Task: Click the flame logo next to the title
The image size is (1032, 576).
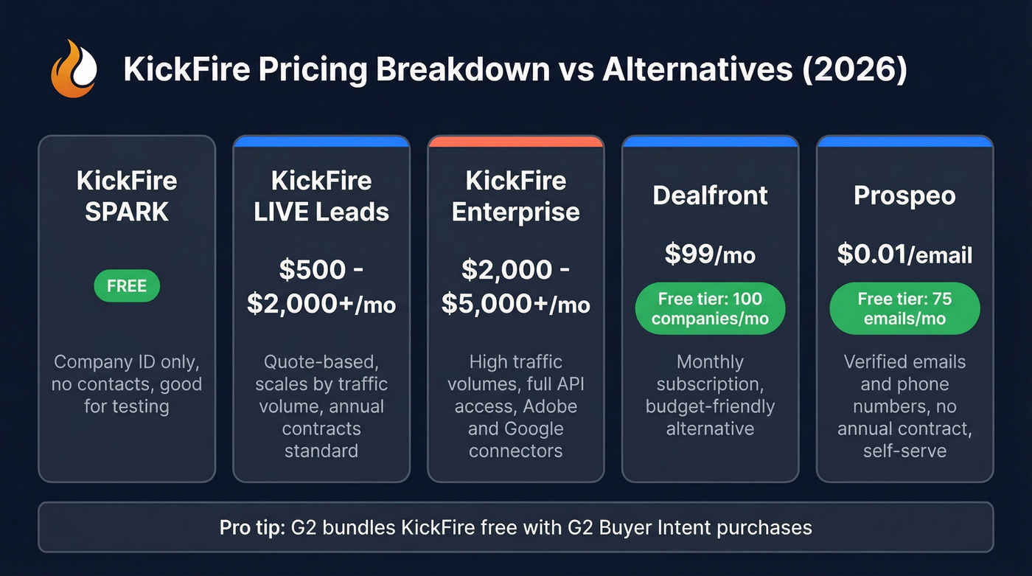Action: click(74, 69)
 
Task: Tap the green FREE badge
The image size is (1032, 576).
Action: click(127, 286)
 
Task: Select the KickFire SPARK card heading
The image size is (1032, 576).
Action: click(127, 196)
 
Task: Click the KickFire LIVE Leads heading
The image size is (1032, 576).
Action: click(321, 196)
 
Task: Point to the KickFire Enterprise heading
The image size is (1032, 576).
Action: click(516, 196)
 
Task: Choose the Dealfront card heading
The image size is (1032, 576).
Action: click(711, 195)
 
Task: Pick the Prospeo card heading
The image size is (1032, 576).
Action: click(904, 195)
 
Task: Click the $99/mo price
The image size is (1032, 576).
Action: click(711, 254)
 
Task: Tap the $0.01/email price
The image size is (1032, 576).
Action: click(904, 254)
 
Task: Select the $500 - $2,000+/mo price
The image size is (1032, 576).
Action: click(321, 287)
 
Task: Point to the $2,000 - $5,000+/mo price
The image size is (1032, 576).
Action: click(516, 287)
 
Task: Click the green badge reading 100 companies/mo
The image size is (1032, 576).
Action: click(711, 309)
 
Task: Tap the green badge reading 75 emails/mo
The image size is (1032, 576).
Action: click(904, 309)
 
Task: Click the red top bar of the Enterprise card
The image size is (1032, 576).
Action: click(516, 141)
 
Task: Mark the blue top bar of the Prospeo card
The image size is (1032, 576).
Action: click(904, 141)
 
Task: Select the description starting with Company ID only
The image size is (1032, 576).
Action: click(127, 384)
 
